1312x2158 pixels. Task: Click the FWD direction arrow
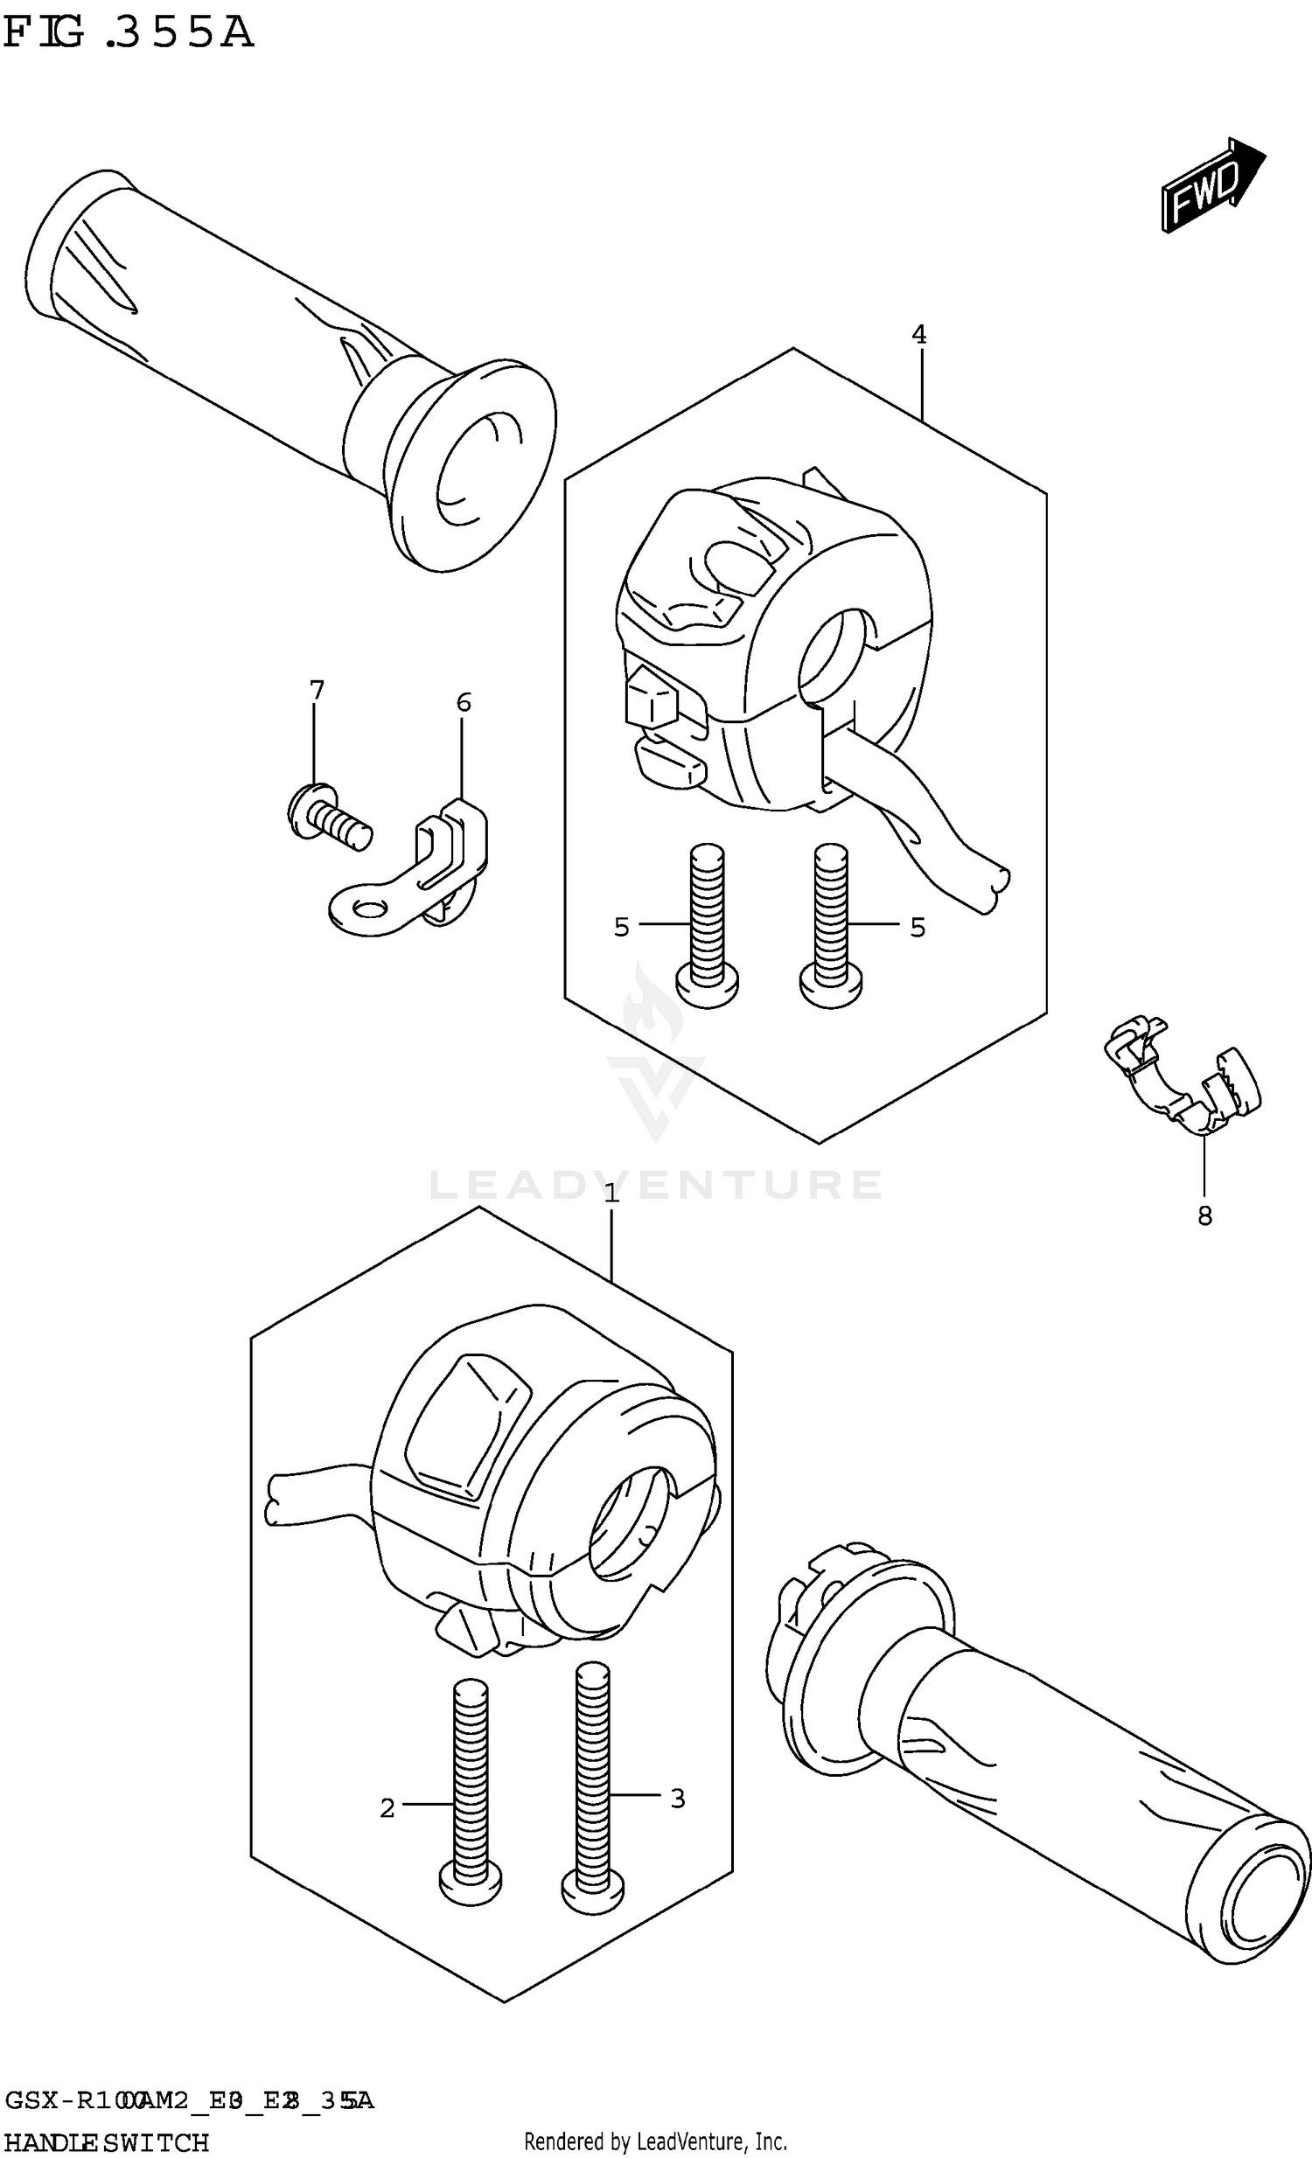(1211, 185)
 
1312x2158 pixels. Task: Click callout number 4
(918, 334)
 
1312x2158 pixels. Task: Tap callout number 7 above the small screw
(316, 690)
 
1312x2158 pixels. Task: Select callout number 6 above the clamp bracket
(464, 701)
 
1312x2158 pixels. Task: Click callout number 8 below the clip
(1204, 1215)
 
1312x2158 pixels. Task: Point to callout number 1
(611, 1193)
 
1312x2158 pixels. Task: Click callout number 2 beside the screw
(387, 1807)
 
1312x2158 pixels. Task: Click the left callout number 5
(621, 927)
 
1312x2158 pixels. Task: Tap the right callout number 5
(917, 927)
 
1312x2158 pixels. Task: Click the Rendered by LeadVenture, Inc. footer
(655, 2142)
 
